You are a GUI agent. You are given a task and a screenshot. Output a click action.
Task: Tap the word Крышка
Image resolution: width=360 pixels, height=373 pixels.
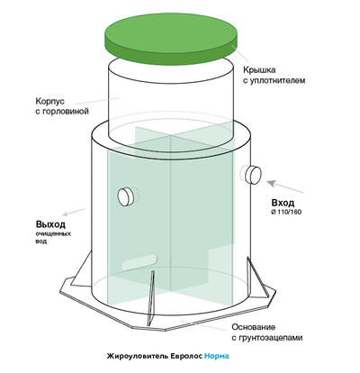pyautogui.click(x=259, y=70)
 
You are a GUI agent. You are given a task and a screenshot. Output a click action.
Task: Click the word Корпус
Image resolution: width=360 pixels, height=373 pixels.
pyautogui.click(x=50, y=102)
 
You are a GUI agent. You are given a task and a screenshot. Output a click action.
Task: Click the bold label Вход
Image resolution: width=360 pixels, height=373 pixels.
pyautogui.click(x=283, y=203)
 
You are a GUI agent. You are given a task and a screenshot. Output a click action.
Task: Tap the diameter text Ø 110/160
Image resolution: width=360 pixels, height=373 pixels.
pyautogui.click(x=286, y=212)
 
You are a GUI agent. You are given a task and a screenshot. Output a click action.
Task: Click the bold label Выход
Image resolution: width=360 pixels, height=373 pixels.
pyautogui.click(x=50, y=224)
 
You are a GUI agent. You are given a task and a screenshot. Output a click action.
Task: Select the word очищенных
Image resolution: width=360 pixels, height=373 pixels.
pyautogui.click(x=53, y=233)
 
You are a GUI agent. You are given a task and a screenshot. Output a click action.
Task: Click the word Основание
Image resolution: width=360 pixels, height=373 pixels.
pyautogui.click(x=254, y=327)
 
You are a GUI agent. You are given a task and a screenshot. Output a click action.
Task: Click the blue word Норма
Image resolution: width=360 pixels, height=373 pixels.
pyautogui.click(x=217, y=356)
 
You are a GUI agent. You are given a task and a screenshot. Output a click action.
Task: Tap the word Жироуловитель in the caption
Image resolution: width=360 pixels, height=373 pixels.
pyautogui.click(x=138, y=357)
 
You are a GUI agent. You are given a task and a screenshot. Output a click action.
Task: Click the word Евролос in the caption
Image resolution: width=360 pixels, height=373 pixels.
pyautogui.click(x=186, y=356)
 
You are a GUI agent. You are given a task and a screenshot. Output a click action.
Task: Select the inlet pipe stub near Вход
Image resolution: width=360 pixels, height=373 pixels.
pyautogui.click(x=251, y=175)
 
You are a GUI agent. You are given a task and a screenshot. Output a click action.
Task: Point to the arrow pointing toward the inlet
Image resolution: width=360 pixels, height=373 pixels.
pyautogui.click(x=285, y=186)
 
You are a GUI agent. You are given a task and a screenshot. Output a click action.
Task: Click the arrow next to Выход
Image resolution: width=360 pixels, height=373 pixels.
pyautogui.click(x=74, y=212)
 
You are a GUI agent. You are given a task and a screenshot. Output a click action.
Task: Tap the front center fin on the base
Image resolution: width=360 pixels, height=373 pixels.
pyautogui.click(x=150, y=297)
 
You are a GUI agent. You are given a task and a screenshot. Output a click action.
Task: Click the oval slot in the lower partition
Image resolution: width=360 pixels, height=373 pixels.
pyautogui.click(x=139, y=262)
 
